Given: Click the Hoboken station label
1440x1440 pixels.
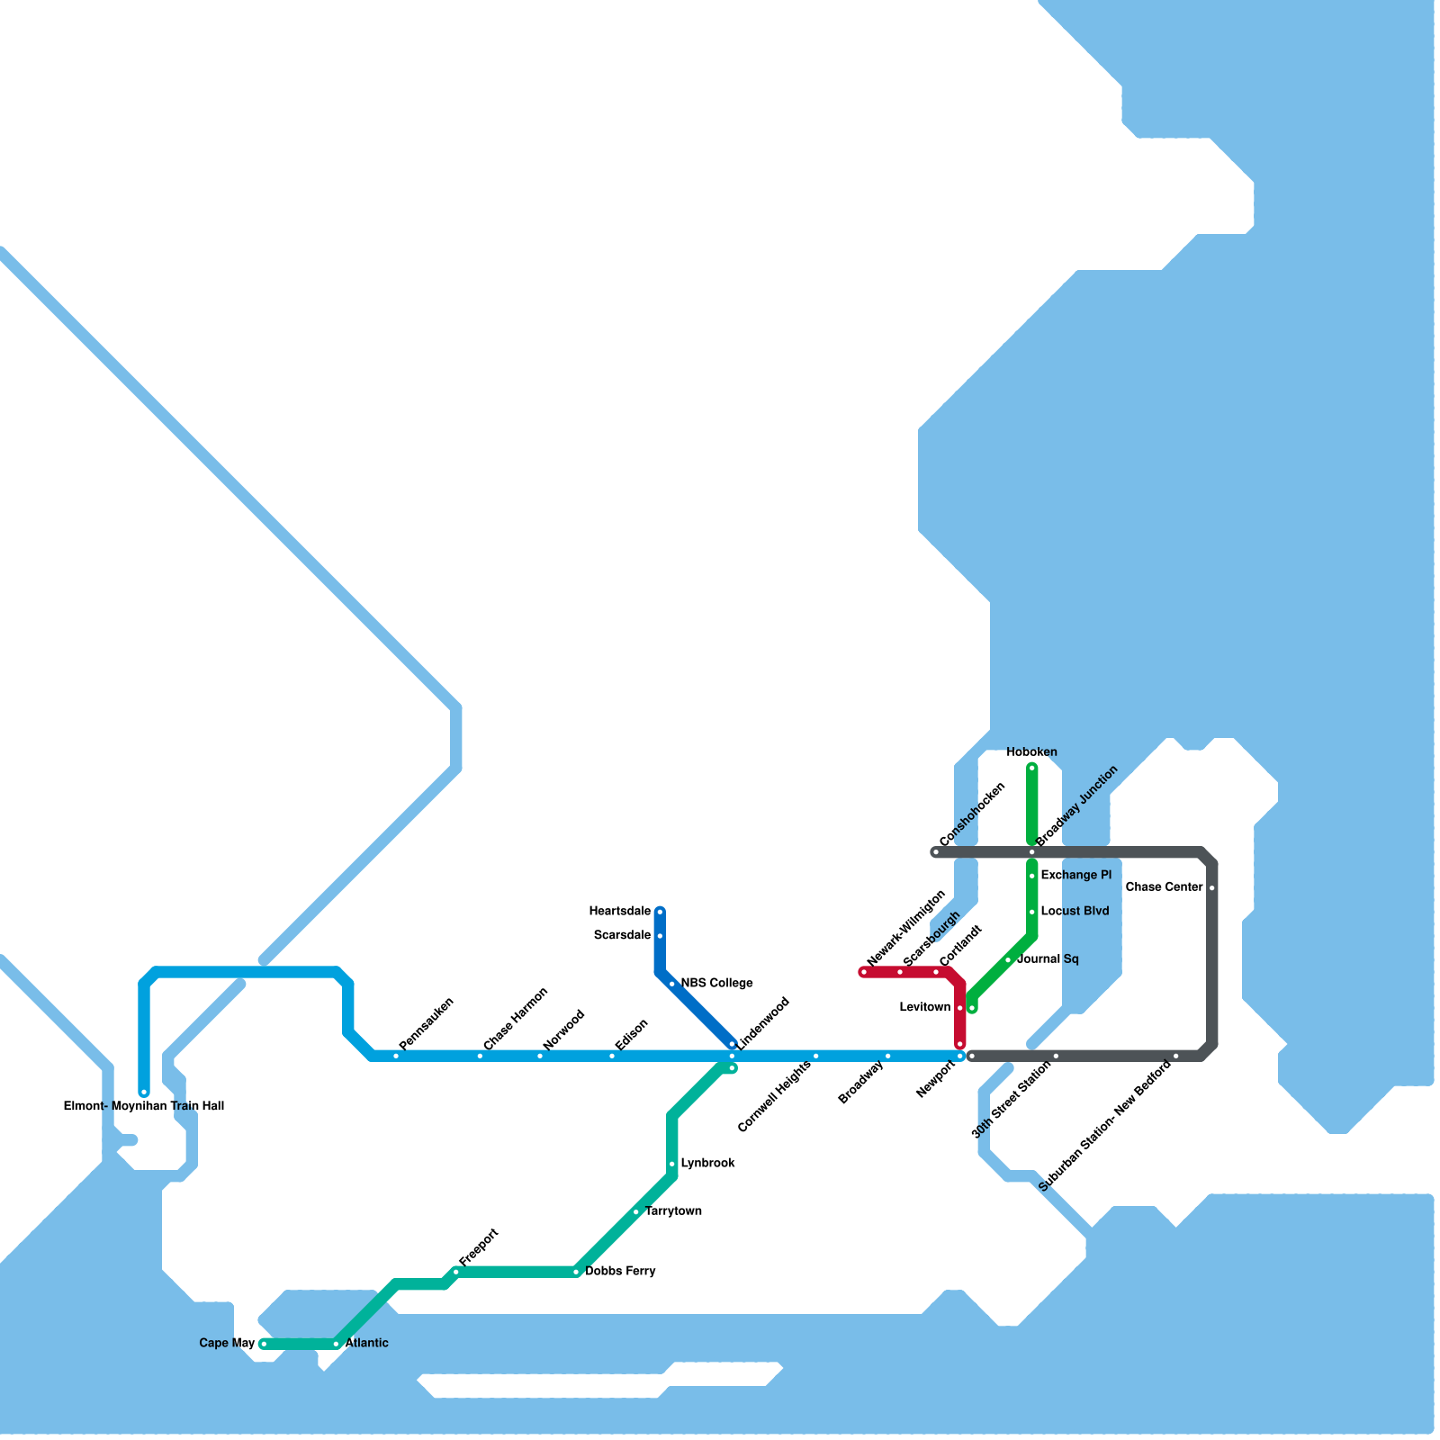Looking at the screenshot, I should coord(1031,752).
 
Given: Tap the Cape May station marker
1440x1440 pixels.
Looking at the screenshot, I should coord(264,1345).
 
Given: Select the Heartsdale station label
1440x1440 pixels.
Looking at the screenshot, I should coord(620,912).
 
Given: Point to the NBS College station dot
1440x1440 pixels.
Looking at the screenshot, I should coord(672,984).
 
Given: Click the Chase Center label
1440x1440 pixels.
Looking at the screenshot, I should coord(1164,887).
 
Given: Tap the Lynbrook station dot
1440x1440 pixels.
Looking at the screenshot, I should coord(672,1165).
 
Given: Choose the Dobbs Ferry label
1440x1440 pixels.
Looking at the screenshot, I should coord(620,1272).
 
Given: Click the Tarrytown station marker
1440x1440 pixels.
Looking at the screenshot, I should coord(636,1212).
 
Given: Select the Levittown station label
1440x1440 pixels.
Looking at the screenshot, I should coord(924,1008).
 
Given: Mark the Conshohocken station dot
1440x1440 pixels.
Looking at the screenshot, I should coord(936,852).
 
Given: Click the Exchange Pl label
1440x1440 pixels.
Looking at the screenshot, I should coord(1075,876).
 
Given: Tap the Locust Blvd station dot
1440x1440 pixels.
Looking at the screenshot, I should coord(1032,912).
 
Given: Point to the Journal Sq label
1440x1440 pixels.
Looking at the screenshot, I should coord(1048,959).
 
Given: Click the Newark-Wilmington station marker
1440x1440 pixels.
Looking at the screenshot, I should coord(864,972).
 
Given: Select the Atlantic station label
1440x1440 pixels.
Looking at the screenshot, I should coord(367,1344).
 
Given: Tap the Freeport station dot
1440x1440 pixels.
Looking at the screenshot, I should coord(456,1272).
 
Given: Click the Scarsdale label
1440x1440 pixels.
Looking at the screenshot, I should coord(622,936).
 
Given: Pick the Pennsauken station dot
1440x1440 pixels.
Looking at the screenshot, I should coord(396,1056).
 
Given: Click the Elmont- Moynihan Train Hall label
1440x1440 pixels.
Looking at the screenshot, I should coord(144,1106).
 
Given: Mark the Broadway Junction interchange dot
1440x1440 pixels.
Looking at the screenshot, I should coord(1032,852).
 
